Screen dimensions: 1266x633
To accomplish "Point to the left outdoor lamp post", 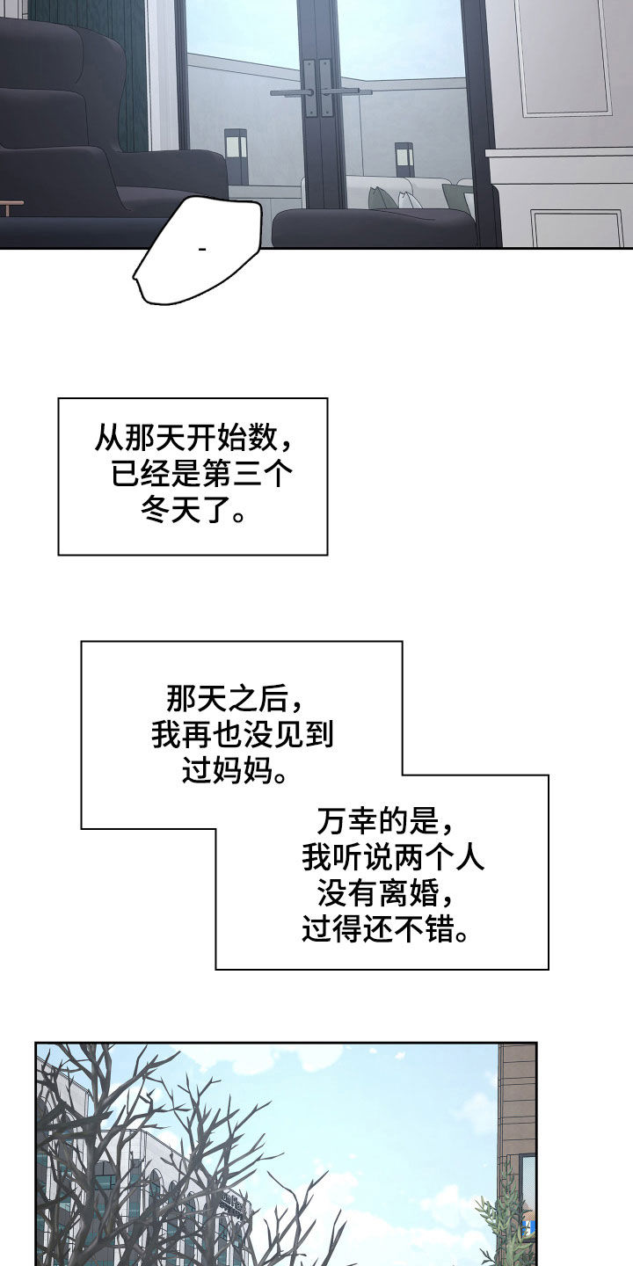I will tap(236, 156).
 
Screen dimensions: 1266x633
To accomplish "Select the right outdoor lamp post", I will tap(404, 161).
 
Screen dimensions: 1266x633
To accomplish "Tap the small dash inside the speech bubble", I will tap(202, 250).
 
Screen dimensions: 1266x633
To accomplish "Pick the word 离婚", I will tap(408, 895).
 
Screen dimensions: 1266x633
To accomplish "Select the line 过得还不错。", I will tap(385, 930).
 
